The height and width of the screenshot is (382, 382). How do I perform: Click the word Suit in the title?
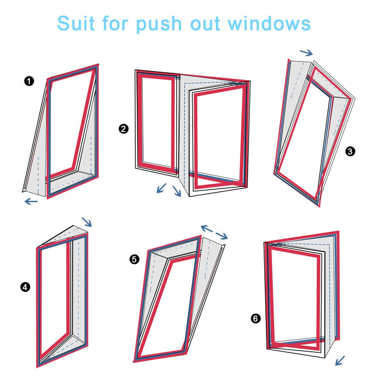76,23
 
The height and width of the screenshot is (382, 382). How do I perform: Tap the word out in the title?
205,24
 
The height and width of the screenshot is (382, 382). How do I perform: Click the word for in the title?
115,23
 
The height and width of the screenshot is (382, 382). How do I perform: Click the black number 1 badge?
29,81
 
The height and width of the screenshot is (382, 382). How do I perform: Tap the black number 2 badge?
124,128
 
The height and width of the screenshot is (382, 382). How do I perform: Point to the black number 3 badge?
350,152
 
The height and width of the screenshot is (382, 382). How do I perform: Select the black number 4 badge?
25,286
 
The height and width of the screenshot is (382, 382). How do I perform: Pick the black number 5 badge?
134,259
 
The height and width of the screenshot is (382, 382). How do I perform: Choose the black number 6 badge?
256,318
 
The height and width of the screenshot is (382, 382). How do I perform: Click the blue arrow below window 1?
31,201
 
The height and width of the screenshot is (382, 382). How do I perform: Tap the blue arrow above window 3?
306,53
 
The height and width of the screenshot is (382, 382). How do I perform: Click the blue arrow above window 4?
86,222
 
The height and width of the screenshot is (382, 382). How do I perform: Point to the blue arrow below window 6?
340,361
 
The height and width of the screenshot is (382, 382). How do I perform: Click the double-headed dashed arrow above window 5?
214,232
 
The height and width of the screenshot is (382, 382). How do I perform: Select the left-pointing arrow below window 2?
161,188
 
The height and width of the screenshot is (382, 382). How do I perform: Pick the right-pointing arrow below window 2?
177,191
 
